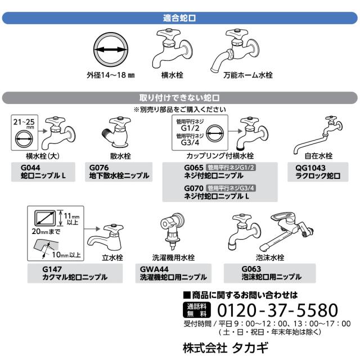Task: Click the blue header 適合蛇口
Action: (x=180, y=18)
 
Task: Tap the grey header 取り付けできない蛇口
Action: (x=180, y=98)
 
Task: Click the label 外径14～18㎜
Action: (x=111, y=75)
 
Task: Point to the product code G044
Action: (x=30, y=168)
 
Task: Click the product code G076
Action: (x=99, y=168)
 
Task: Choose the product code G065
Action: (x=193, y=168)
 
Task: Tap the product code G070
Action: (x=193, y=188)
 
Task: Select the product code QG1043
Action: (x=310, y=168)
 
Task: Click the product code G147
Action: (x=52, y=269)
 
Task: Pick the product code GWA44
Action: (x=154, y=269)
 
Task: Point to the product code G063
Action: (x=251, y=269)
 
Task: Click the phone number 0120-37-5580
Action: (x=277, y=310)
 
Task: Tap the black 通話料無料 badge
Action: (x=196, y=310)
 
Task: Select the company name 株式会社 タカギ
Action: (x=226, y=348)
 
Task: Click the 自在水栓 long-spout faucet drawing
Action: (x=318, y=135)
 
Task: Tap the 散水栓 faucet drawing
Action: (x=116, y=132)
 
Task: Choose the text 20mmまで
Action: (x=46, y=231)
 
